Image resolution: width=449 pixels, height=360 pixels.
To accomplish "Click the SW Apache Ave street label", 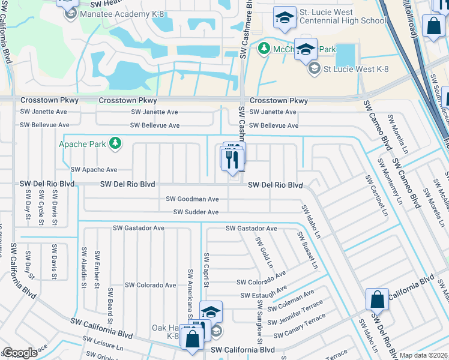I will click(94, 170).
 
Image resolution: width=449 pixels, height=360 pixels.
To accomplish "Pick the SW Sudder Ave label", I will click(196, 212).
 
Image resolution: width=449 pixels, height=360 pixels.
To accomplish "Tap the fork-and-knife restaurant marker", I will click(231, 160).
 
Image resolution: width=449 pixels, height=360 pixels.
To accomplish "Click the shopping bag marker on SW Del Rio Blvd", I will click(376, 299).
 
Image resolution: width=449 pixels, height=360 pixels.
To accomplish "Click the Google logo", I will click(20, 353).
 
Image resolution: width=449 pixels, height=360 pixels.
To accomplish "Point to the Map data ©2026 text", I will click(424, 355).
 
